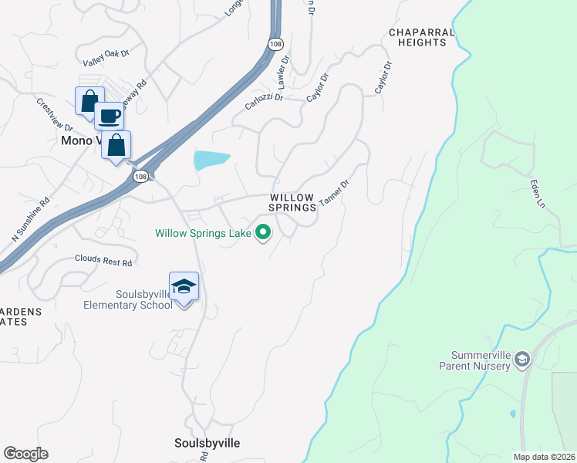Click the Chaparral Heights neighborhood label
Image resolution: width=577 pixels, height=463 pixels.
pyautogui.click(x=417, y=37)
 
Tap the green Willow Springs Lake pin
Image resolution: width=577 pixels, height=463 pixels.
pyautogui.click(x=263, y=231)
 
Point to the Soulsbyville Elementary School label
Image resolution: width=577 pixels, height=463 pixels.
pyautogui.click(x=128, y=299)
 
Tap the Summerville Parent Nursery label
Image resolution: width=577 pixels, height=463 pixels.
pyautogui.click(x=481, y=360)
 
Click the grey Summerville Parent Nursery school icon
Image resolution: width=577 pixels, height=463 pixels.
pyautogui.click(x=522, y=359)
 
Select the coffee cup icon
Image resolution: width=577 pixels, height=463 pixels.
pyautogui.click(x=109, y=116)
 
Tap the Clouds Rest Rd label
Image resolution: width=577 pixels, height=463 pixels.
pyautogui.click(x=103, y=262)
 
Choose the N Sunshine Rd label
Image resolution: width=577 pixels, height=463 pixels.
pyautogui.click(x=31, y=219)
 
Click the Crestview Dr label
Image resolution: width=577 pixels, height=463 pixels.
pyautogui.click(x=54, y=114)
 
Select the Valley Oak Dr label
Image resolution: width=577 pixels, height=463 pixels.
pyautogui.click(x=106, y=58)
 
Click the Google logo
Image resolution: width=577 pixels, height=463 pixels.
pyautogui.click(x=25, y=454)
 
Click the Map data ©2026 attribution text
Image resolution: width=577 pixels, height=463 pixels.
pyautogui.click(x=543, y=457)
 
